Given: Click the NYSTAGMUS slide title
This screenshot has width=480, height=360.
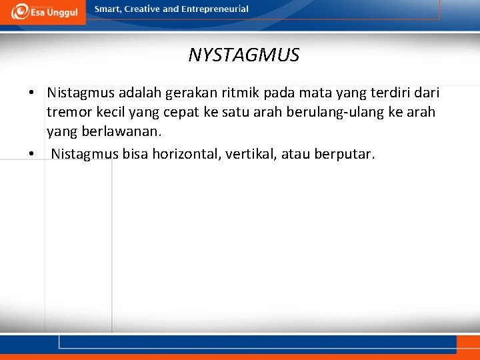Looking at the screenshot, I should (x=244, y=55).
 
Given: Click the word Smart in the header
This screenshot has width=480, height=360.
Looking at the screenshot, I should (x=108, y=9).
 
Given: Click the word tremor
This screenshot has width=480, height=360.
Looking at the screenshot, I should (x=69, y=112).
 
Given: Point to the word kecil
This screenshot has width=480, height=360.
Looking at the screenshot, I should (x=113, y=112).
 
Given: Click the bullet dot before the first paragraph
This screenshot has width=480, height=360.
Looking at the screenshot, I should (x=31, y=93).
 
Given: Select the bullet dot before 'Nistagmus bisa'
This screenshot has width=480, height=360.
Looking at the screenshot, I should (x=31, y=155).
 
